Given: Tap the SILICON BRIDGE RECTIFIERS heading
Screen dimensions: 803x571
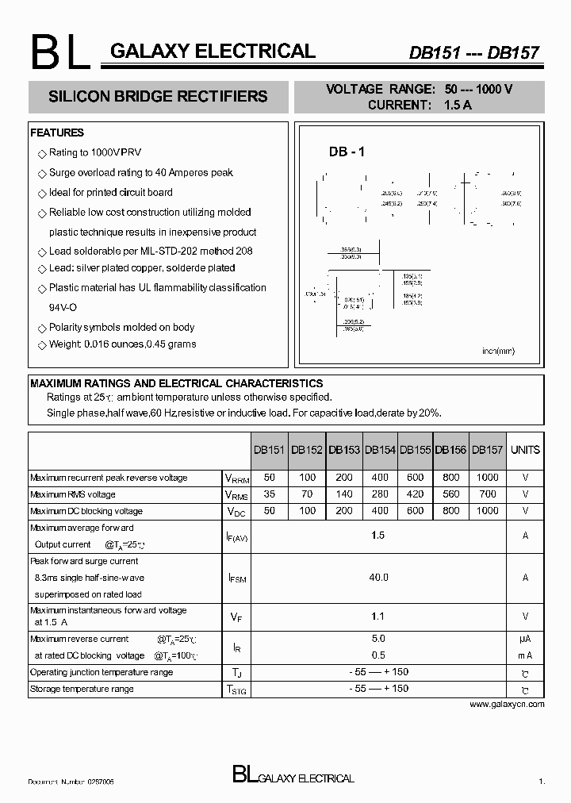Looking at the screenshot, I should click(158, 97).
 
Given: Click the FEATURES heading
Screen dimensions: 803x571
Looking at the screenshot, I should click(57, 133).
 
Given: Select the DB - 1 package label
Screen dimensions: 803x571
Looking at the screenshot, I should click(347, 152).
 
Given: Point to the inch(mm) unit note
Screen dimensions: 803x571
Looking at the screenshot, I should click(498, 350).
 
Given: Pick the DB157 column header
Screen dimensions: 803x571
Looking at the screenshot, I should click(487, 450).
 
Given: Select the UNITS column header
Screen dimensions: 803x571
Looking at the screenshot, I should click(525, 450).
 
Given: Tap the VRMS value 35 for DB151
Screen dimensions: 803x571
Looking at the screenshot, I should click(270, 494).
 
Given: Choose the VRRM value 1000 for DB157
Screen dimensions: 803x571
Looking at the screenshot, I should click(487, 478).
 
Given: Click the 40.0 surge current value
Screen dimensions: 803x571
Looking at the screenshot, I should click(377, 578).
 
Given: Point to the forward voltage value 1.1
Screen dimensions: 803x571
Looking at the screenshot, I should click(377, 616).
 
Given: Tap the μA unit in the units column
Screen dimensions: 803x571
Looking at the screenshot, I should click(525, 639).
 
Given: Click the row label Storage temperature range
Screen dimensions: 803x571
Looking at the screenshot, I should click(82, 689).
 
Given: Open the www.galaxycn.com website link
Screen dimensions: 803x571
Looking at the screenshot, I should click(507, 704).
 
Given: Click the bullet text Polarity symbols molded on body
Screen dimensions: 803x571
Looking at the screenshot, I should click(121, 327).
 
